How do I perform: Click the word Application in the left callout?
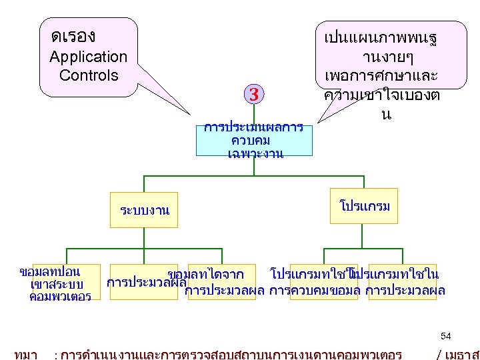point(88,57)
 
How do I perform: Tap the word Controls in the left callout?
point(89,75)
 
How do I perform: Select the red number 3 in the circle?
point(254,95)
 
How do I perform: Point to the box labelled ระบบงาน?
point(145,211)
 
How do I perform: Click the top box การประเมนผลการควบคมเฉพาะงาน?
point(254,140)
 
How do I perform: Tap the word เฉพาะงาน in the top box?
point(255,155)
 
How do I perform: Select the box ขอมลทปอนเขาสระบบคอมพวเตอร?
point(59,283)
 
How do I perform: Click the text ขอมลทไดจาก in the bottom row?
point(205,273)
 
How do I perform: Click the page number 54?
point(446,336)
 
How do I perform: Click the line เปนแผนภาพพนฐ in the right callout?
point(381,38)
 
